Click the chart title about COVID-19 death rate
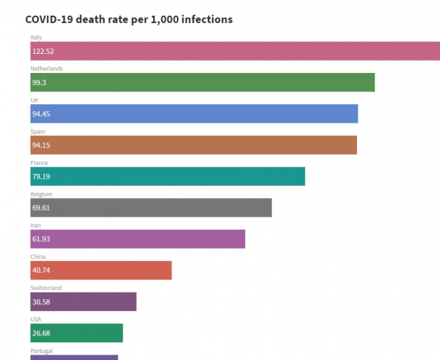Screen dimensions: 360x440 129,19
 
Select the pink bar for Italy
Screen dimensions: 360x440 235,51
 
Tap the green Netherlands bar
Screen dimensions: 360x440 202,82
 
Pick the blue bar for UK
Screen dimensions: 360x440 194,114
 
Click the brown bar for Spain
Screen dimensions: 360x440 193,145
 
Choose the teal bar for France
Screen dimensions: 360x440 168,177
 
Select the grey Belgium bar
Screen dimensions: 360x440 151,208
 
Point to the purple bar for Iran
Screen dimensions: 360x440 138,239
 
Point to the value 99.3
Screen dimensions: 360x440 40,82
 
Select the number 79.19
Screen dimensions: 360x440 41,177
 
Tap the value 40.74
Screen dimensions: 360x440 41,271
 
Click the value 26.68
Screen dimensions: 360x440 41,333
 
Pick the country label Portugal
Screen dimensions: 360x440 42,351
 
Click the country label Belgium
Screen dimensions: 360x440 42,194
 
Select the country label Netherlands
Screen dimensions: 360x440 46,69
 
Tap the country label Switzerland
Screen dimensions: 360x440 46,288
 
